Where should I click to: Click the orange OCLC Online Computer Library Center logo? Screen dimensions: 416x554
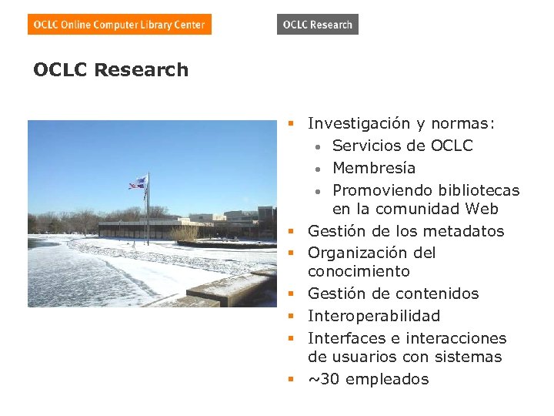click(119, 25)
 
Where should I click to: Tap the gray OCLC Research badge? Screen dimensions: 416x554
click(317, 25)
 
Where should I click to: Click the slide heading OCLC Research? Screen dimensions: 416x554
click(111, 70)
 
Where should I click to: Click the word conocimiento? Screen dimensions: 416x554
click(359, 271)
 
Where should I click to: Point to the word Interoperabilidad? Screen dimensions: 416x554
click(374, 316)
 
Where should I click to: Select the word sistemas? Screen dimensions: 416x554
click(469, 357)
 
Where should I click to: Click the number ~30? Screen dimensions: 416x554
click(323, 379)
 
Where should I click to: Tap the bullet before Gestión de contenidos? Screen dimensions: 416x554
click(292, 294)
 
